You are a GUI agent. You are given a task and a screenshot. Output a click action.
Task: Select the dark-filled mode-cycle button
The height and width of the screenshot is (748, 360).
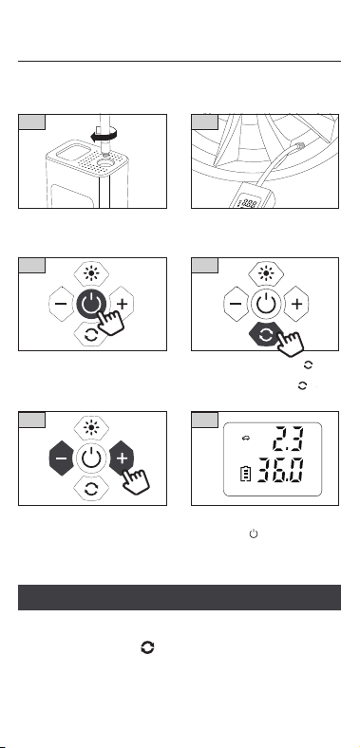pos(265,334)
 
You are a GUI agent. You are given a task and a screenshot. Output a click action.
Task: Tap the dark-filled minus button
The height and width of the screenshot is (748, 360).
pos(61,458)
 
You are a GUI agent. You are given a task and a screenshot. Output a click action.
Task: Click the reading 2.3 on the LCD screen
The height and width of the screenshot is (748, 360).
pos(288,439)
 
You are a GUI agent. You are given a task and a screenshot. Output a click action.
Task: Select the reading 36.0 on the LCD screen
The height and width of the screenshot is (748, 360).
pos(280,471)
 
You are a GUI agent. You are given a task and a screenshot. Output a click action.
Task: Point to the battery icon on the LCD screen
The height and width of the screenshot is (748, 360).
pos(245,475)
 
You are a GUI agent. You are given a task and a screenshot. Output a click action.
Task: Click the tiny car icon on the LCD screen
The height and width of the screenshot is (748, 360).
pos(246,439)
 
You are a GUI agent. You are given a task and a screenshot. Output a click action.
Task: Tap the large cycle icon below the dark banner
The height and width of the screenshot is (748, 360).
pos(147,647)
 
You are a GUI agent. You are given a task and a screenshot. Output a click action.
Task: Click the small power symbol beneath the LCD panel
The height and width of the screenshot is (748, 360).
pos(254,533)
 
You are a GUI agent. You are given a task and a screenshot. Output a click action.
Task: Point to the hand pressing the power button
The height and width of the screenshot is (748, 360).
pos(110,323)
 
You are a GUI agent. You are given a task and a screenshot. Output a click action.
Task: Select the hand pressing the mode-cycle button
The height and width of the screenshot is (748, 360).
pos(291,343)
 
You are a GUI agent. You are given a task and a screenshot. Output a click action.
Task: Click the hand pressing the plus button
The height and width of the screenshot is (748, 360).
pos(136,478)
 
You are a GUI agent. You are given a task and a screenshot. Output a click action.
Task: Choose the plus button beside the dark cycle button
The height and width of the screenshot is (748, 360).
pos(296,304)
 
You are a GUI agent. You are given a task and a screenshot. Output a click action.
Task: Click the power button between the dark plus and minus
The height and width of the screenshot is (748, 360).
pos(91,458)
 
